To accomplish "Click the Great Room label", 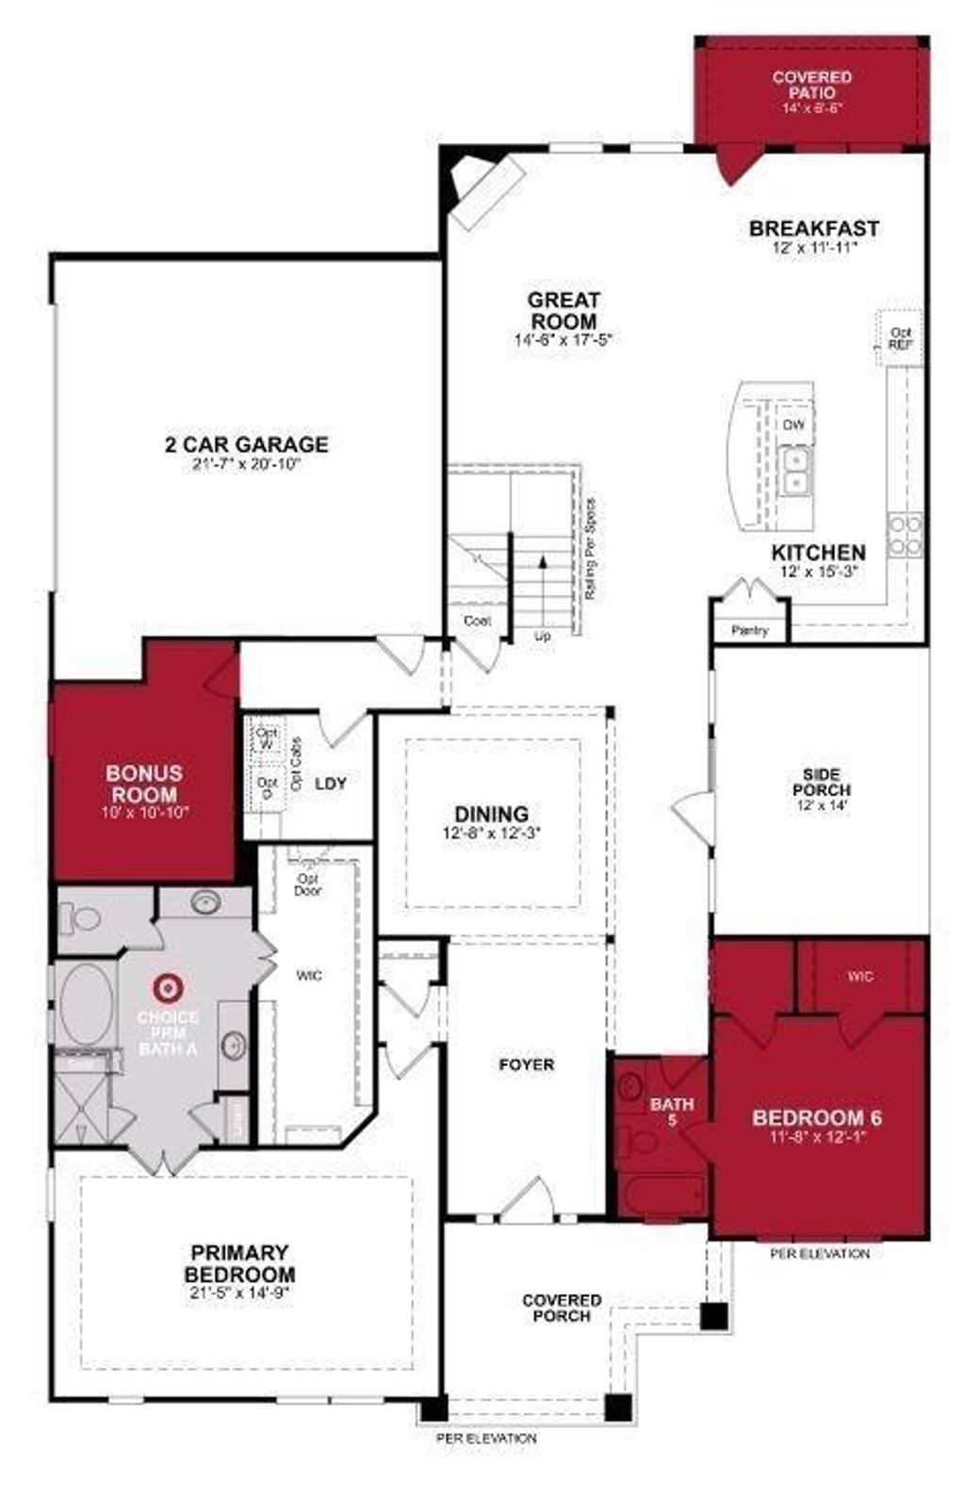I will point(564,310).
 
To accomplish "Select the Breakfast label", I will point(813,228).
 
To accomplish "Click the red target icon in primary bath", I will point(167,988).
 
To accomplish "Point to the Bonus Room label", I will point(144,783).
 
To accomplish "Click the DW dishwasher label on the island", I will point(793,425).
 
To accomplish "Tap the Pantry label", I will point(750,630).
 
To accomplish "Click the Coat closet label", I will point(478,621).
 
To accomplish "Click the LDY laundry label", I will point(331,783).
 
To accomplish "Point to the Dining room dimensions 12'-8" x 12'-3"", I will point(491,833).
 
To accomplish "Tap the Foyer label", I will point(526,1065).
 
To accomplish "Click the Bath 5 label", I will point(672,1112).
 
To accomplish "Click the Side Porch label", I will point(821,782).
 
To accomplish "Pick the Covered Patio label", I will point(811,84).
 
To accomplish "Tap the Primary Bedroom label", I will point(239,1263).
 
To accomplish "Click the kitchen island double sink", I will point(797,470).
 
